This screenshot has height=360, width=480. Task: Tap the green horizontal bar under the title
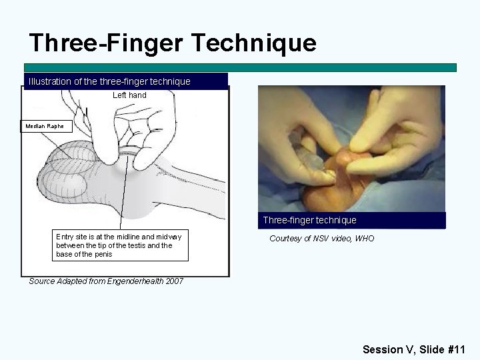[240, 67]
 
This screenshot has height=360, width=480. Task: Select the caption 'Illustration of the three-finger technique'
[109, 81]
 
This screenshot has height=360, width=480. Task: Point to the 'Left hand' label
[129, 95]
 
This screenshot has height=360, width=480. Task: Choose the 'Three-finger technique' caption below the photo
[309, 220]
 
